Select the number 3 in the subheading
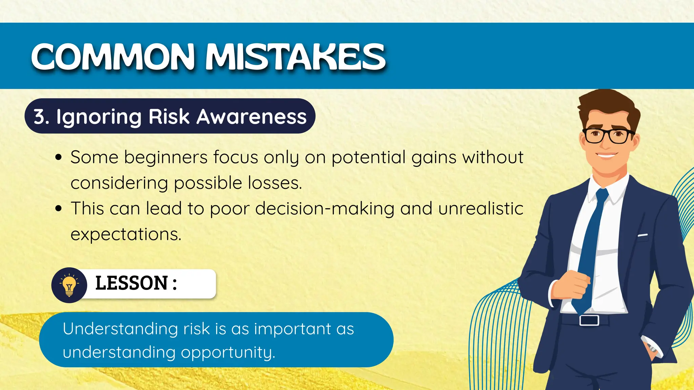[x=39, y=116]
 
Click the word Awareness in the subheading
[x=251, y=116]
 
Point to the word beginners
[x=166, y=157]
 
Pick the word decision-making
[x=325, y=209]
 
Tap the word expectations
[x=126, y=234]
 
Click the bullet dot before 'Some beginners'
[x=59, y=157]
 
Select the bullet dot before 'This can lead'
[x=59, y=209]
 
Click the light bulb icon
[x=69, y=285]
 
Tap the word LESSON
[x=131, y=283]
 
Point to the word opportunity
[x=227, y=352]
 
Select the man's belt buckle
[x=589, y=320]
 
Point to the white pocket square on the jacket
[x=642, y=235]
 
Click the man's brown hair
[x=607, y=102]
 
